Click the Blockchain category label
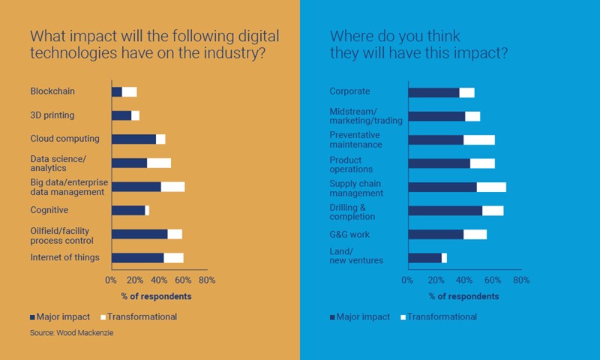tap(52, 91)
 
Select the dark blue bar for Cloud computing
tap(133, 139)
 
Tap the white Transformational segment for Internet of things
tap(173, 258)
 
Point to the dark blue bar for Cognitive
tap(128, 210)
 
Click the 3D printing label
tap(52, 115)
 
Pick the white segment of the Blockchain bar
tap(129, 91)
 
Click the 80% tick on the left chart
tap(206, 280)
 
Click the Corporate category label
tap(349, 91)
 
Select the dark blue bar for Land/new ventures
tap(424, 258)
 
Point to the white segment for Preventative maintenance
tap(479, 139)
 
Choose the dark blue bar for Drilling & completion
tap(445, 210)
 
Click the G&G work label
tap(349, 235)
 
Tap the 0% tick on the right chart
tap(408, 280)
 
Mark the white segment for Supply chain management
tap(491, 187)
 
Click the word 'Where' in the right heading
tap(349, 36)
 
